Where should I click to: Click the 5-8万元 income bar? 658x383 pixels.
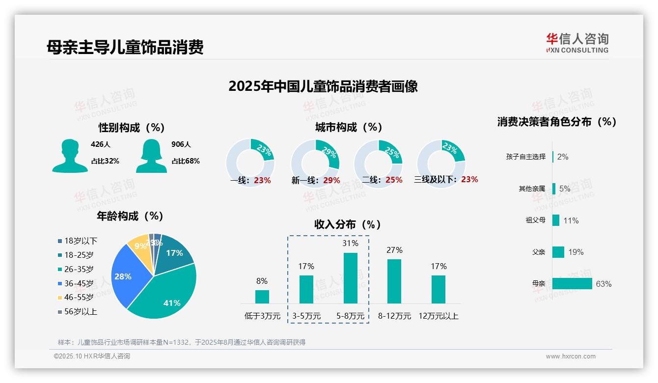(350, 278)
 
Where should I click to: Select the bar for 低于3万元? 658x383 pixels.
(262, 297)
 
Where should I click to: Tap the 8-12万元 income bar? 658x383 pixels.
(394, 281)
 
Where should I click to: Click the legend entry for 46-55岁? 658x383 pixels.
(79, 297)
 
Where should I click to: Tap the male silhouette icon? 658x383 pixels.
(70, 156)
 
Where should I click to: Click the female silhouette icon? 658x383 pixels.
(151, 156)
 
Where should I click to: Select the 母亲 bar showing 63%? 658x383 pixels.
(572, 284)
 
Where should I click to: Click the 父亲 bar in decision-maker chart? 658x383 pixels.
(558, 252)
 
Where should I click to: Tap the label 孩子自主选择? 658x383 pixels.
(525, 157)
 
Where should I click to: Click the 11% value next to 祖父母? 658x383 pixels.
(571, 220)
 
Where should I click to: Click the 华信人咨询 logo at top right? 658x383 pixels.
(577, 43)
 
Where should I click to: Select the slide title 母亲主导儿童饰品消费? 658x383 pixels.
(125, 48)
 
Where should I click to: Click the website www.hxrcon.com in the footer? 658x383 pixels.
(571, 356)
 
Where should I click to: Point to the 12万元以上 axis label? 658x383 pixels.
(438, 316)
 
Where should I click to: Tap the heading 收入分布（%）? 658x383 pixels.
(348, 224)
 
